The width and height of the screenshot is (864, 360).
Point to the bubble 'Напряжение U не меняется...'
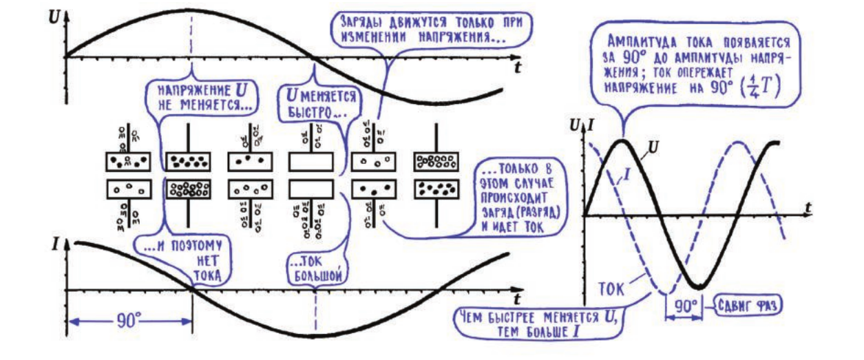196,98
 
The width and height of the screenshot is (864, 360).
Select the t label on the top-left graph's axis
516,67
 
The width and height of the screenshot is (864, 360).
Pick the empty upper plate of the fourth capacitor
311,162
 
